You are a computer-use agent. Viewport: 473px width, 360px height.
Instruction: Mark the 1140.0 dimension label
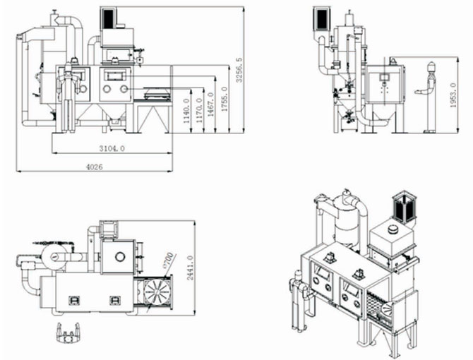[x=186, y=113]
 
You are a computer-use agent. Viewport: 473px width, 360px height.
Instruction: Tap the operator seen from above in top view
[x=68, y=332]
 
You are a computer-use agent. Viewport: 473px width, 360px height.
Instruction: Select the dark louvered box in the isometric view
[x=404, y=205]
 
